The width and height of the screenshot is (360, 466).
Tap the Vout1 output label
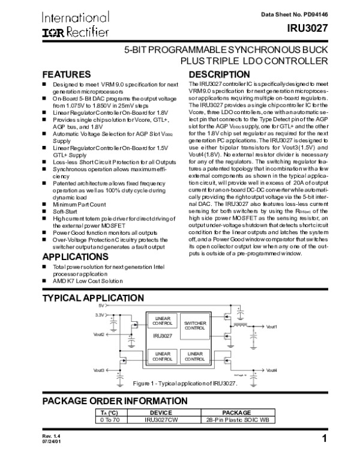pos(272,326)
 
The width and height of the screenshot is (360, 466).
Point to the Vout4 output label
pos(272,369)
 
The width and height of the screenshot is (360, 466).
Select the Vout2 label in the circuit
pos(99,334)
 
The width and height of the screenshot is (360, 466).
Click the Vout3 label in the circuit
pos(99,370)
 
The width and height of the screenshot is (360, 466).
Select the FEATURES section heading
pos(66,74)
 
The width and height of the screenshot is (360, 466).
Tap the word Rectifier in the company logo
pos(87,32)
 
